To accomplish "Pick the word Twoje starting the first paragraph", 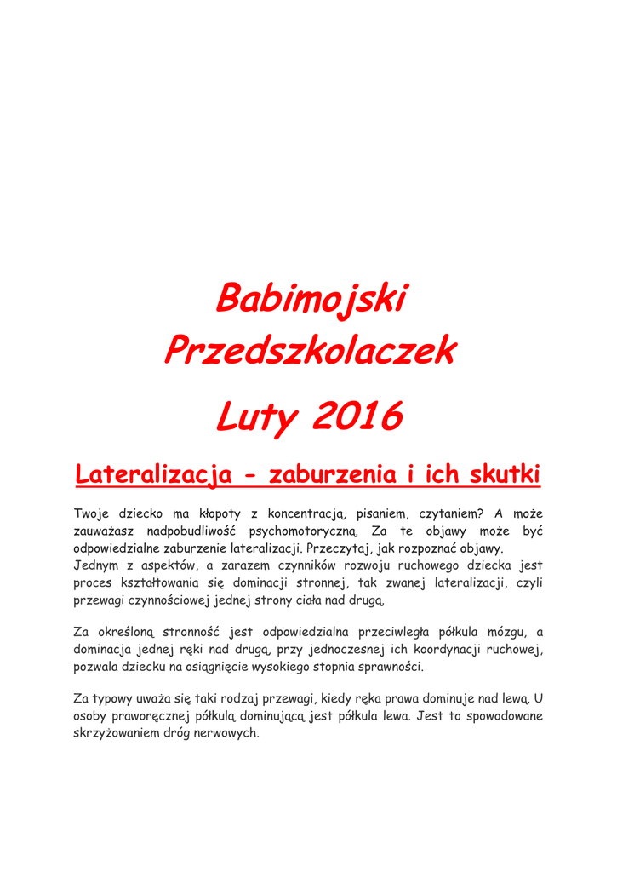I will point(94,513).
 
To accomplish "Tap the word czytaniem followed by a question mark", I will point(444,513).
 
